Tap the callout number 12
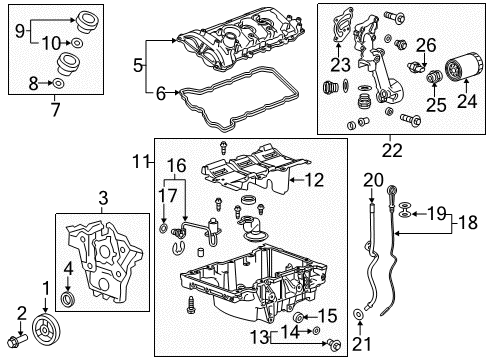[313, 180]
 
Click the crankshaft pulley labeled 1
[42, 328]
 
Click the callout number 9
[16, 30]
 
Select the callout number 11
[139, 159]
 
